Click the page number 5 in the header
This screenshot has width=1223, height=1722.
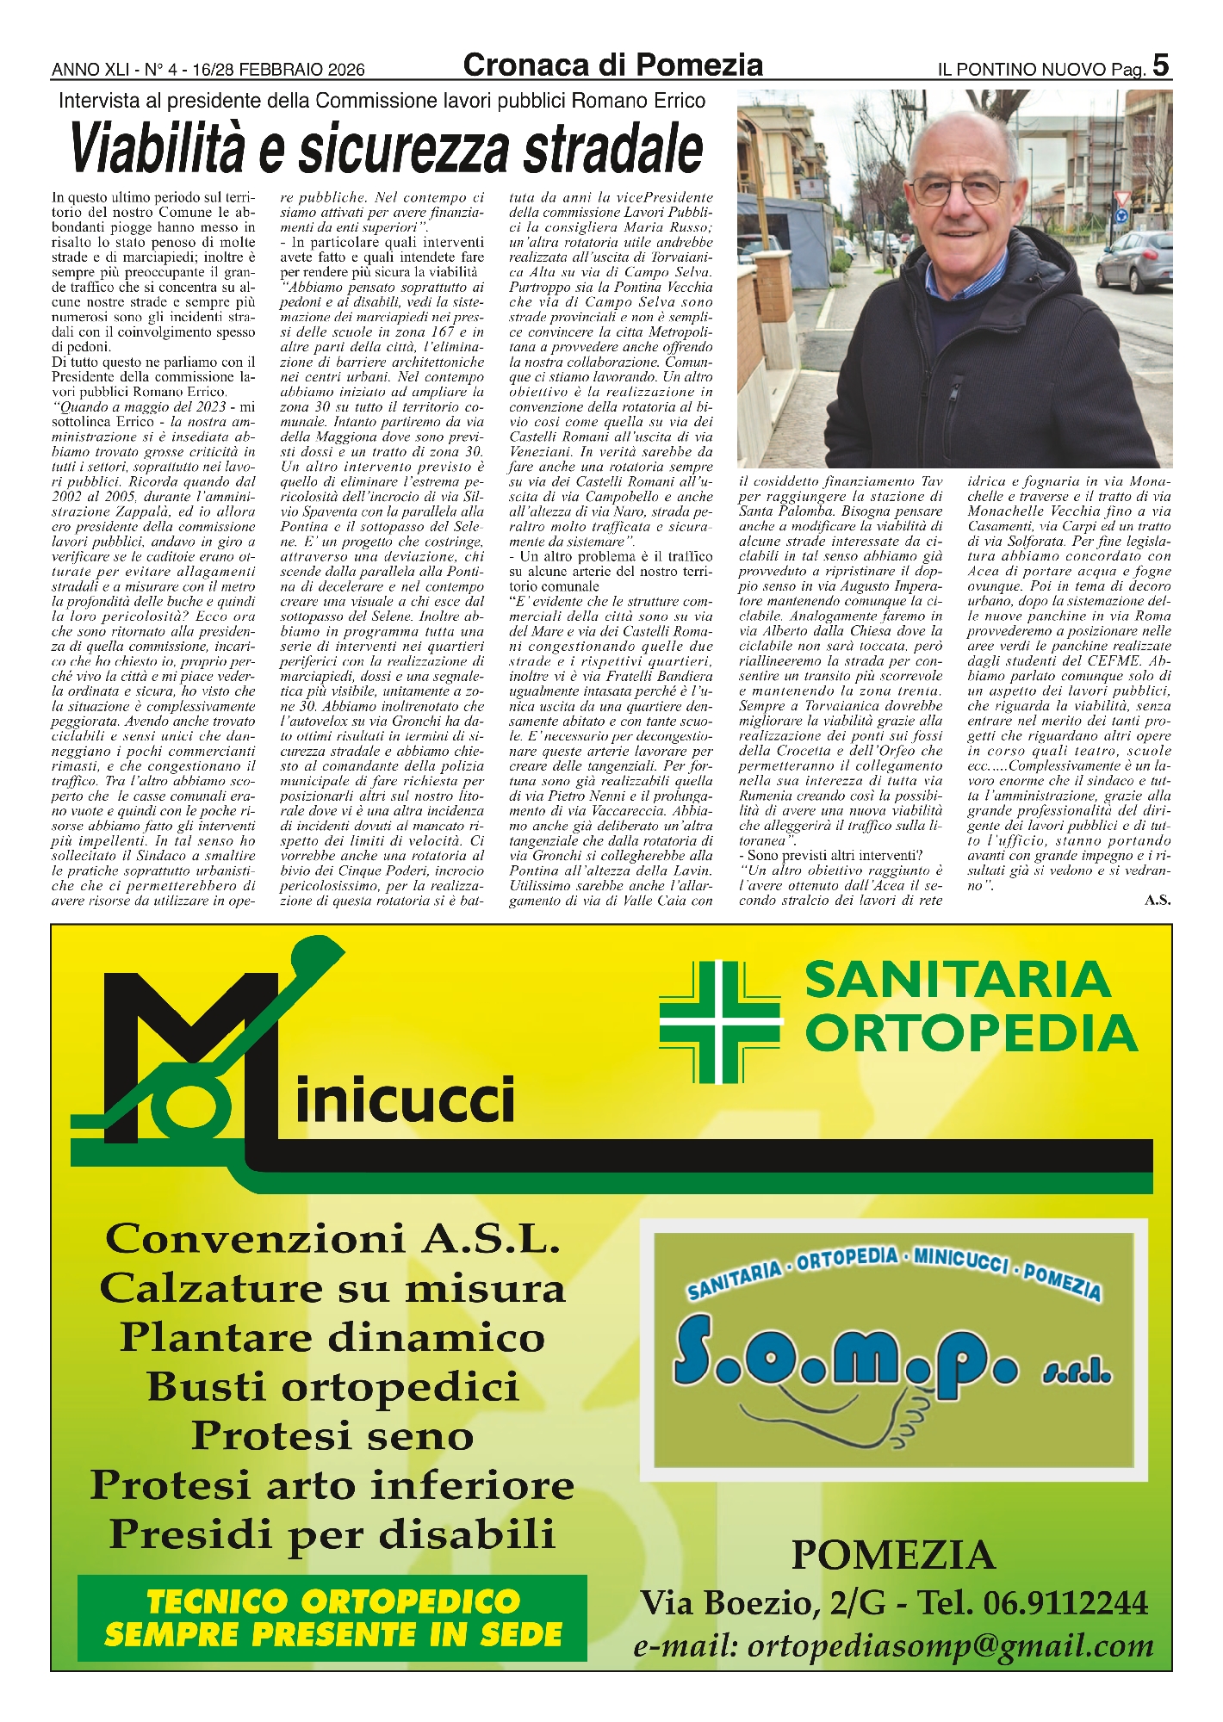1160,65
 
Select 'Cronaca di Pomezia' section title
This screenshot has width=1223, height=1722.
612,65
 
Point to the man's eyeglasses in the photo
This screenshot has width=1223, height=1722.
960,189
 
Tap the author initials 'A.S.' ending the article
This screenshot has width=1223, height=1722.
1158,901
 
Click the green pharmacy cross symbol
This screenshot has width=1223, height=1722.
719,1021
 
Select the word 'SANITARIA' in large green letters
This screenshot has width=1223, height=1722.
958,980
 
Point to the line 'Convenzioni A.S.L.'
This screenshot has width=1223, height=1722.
332,1240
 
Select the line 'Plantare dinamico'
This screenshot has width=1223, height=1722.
332,1338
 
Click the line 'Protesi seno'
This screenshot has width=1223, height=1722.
332,1436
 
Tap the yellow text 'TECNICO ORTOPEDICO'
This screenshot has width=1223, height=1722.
332,1602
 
